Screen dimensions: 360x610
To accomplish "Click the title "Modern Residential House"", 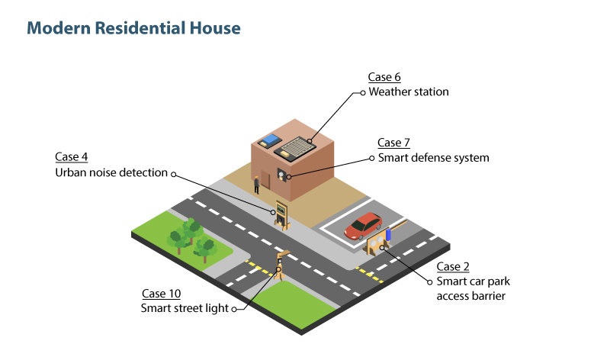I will pos(133,29).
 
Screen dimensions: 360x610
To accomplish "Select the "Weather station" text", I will pos(409,92).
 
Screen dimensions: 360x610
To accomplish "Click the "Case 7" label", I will pos(393,143).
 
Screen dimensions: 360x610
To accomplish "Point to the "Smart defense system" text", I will pos(434,158).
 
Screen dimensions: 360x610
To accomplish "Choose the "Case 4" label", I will pos(71,156).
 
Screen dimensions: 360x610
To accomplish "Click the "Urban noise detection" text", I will pos(111,172).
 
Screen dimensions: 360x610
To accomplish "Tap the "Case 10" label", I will pos(161,294).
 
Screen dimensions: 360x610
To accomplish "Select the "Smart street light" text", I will pos(185,308).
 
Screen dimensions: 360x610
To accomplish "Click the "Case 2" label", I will pos(452,266).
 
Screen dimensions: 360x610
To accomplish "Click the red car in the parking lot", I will pos(363,225).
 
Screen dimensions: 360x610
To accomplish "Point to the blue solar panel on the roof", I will pos(270,141).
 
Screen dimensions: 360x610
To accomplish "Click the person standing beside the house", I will pos(257,183).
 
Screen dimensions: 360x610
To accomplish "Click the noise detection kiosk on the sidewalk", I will pos(282,214).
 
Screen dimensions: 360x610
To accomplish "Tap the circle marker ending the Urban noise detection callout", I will pos(174,173).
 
